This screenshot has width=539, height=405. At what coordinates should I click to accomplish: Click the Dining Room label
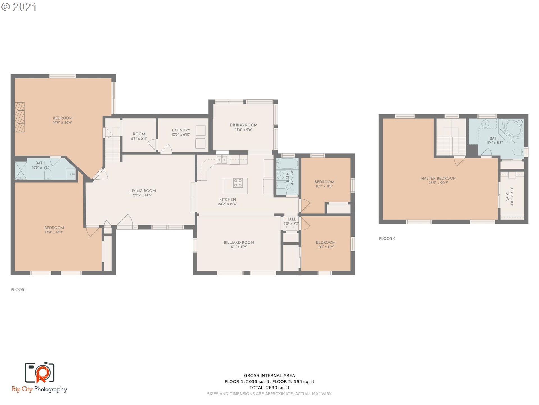243,125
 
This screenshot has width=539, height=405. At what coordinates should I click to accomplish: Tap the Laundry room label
181,130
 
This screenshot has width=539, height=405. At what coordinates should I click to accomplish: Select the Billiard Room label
239,242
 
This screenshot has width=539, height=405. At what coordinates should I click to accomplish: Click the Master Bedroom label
438,178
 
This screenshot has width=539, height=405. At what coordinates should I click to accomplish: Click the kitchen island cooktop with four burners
238,183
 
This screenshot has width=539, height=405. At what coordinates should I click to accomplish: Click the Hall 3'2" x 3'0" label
291,221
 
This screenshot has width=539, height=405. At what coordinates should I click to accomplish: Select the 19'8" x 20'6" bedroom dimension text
63,123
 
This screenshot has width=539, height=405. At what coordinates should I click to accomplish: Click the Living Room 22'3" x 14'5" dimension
142,195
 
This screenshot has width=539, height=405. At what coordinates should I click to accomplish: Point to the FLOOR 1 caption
19,290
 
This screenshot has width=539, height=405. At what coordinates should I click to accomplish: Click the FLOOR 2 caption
387,238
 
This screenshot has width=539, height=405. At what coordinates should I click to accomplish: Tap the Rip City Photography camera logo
40,373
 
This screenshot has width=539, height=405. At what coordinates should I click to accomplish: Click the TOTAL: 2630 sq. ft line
269,388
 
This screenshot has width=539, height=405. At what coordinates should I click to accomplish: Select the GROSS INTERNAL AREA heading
269,375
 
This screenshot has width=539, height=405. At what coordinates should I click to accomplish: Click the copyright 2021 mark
19,7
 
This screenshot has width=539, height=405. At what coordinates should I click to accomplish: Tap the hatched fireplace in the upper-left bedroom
20,117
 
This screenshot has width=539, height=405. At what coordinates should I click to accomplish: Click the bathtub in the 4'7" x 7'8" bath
287,163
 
